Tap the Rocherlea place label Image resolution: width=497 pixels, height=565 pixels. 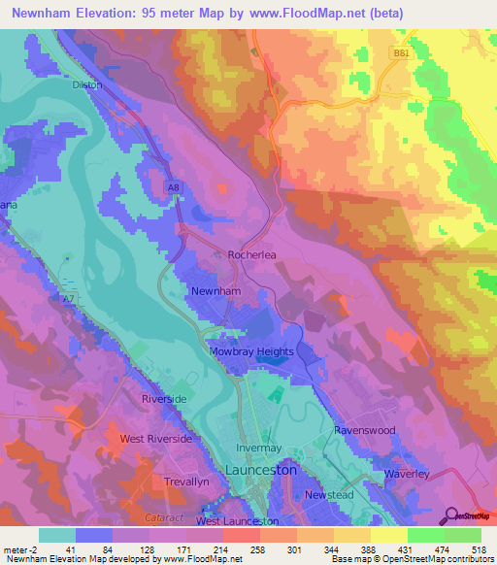pyautogui.click(x=253, y=255)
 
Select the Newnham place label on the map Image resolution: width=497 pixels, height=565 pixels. pyautogui.click(x=215, y=291)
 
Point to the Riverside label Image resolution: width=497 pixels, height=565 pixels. pyautogui.click(x=163, y=399)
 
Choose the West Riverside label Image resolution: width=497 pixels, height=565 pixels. pyautogui.click(x=156, y=439)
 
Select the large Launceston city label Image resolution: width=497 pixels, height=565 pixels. pyautogui.click(x=267, y=470)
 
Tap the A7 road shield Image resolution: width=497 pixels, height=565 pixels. pyautogui.click(x=67, y=298)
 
